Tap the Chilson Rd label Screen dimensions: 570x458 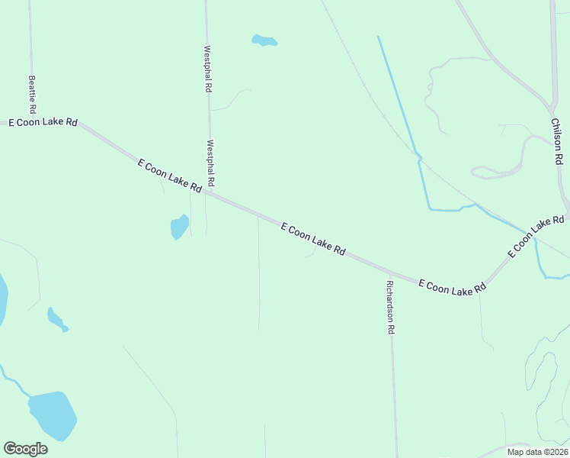coord(557,141)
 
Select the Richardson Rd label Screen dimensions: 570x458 coord(390,308)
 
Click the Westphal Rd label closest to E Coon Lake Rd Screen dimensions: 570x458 coord(211,163)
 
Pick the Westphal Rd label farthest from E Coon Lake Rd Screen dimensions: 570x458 coord(207,69)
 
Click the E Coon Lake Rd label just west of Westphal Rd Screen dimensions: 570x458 coord(169,175)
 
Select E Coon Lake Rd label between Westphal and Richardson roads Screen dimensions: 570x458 coord(313,239)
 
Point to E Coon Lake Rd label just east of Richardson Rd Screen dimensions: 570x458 coord(452,287)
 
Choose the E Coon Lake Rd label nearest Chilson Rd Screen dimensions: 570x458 coord(537,235)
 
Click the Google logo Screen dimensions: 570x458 coord(25,448)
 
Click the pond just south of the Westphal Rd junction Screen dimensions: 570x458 coord(179,227)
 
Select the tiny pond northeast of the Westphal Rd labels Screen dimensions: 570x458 coord(264,40)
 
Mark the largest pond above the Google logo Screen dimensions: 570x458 coord(53,415)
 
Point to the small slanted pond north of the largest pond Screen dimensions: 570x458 coord(56,318)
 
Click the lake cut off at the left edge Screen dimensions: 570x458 coord(2,300)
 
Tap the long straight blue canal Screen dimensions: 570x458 coord(398,95)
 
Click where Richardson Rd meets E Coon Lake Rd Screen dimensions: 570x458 coord(389,273)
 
